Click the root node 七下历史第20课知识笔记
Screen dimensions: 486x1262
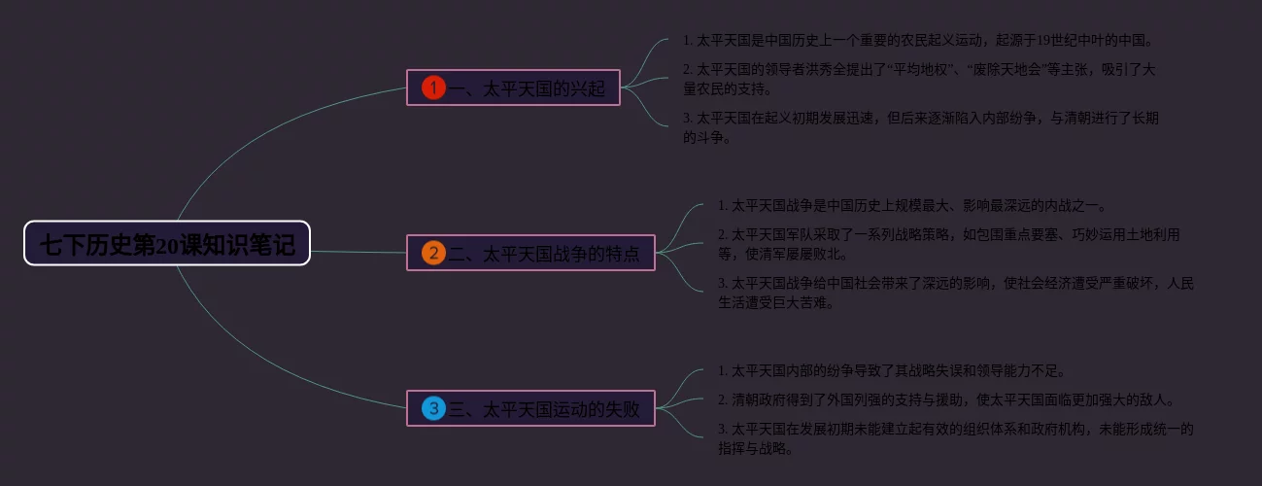tap(167, 244)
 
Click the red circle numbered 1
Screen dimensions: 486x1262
tap(433, 88)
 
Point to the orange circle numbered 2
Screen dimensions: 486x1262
tap(433, 254)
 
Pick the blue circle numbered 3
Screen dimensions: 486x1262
tap(433, 408)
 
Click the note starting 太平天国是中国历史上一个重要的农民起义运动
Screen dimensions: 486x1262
tap(918, 40)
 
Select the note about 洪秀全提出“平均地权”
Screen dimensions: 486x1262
tap(918, 79)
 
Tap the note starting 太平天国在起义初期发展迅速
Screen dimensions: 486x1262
tap(920, 127)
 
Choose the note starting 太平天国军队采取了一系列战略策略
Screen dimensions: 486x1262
tap(947, 244)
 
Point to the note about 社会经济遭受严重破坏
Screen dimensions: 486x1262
tap(955, 293)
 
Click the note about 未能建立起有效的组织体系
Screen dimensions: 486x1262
tap(955, 438)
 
